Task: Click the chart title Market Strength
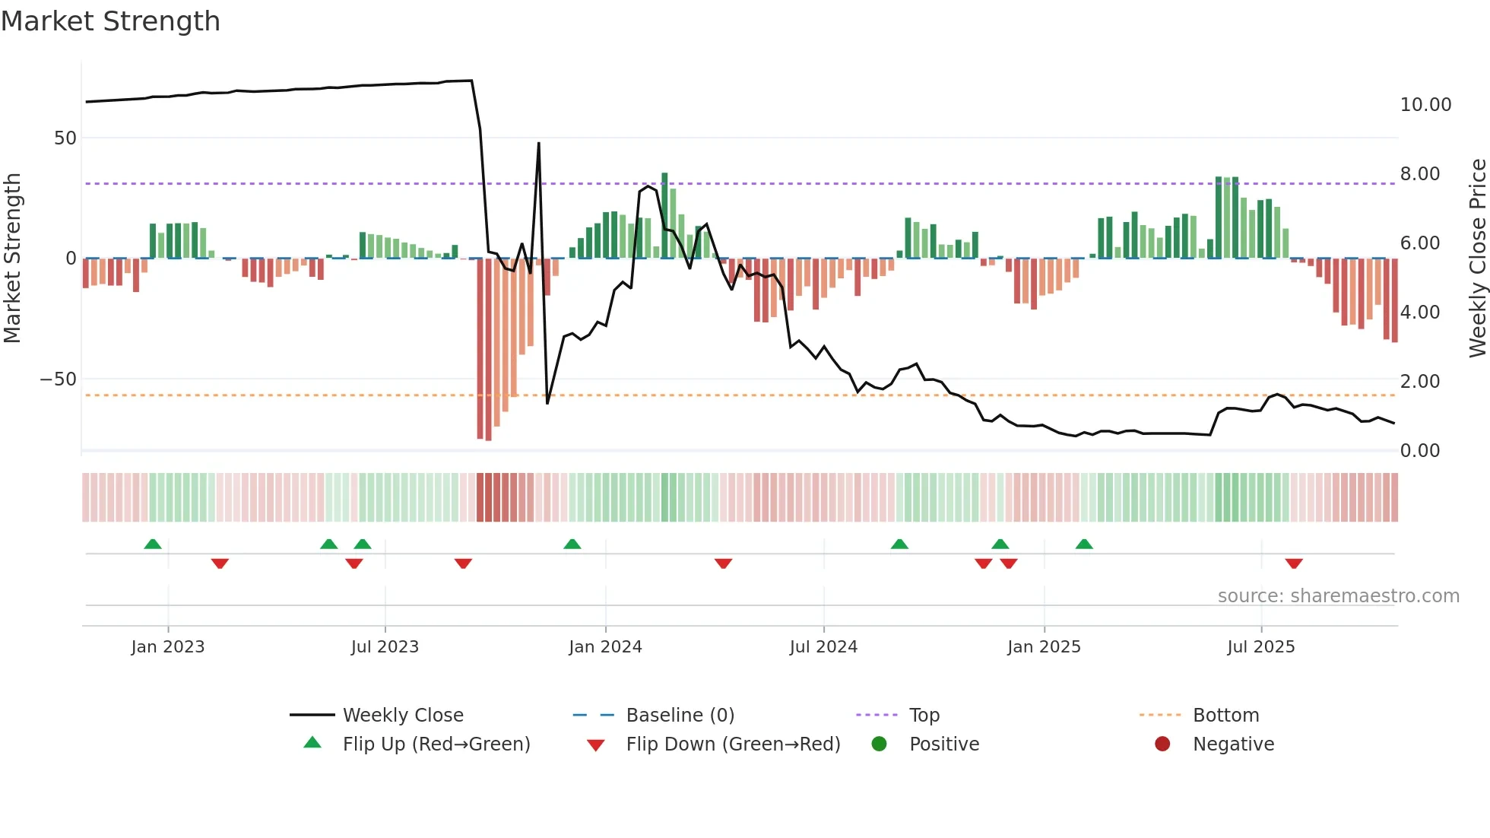[110, 21]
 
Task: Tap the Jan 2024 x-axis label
[605, 647]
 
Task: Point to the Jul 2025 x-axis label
[1260, 647]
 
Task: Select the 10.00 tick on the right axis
[1425, 105]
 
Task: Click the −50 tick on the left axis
[59, 379]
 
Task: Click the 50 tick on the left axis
[65, 138]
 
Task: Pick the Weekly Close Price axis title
[1477, 259]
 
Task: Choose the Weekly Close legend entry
[402, 716]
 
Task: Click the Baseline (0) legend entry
[680, 716]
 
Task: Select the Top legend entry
[924, 716]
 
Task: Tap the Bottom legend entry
[1225, 716]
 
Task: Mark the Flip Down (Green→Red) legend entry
[733, 744]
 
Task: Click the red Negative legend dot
[1162, 744]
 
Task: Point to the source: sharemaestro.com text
[1338, 596]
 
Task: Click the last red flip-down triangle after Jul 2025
[1294, 563]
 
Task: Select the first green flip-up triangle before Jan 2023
[153, 544]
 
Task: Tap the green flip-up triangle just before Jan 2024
[572, 544]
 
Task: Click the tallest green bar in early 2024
[664, 215]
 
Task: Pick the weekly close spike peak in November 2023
[539, 144]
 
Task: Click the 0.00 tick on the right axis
[1419, 451]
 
